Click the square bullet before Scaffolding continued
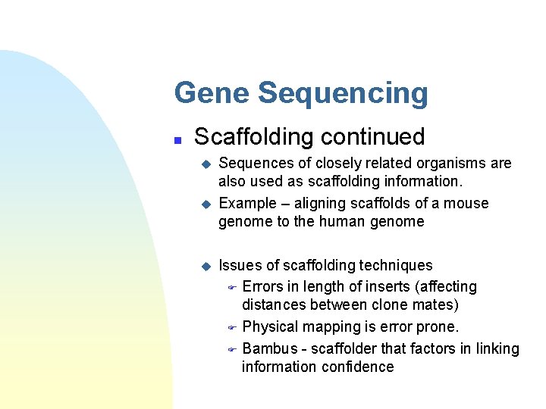177,139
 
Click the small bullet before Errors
233,287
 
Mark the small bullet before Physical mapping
233,327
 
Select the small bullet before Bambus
233,349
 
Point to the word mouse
468,204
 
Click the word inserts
370,287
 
